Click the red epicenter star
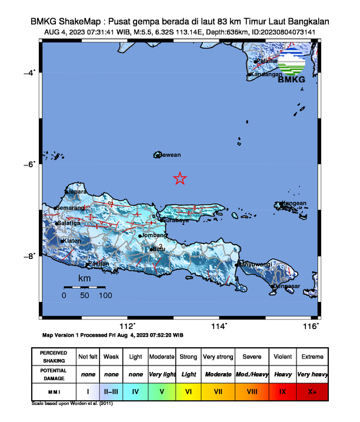tap(180, 178)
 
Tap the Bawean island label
tap(169, 155)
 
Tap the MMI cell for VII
tap(218, 390)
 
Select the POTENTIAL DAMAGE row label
tap(54, 373)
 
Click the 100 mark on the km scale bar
tap(105, 295)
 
